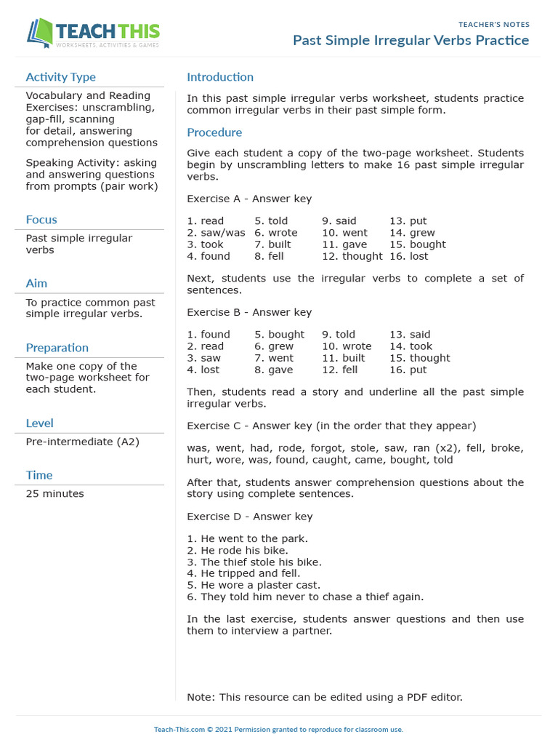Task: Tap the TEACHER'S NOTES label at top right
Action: click(x=494, y=25)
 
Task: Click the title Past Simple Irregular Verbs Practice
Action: click(x=411, y=41)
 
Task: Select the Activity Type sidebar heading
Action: click(x=60, y=77)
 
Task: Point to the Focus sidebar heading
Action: click(x=41, y=220)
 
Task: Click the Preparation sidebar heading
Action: click(x=57, y=348)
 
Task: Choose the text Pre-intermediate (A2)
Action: click(x=82, y=442)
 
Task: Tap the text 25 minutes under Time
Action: click(x=54, y=494)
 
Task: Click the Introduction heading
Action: click(x=220, y=77)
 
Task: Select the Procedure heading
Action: click(x=214, y=132)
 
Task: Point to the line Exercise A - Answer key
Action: click(x=249, y=199)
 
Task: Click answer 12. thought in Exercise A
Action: click(x=352, y=256)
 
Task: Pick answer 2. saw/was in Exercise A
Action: click(x=216, y=233)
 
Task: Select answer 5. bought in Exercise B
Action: click(x=279, y=335)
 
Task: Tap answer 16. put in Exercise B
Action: click(x=408, y=370)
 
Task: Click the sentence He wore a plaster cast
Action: click(x=253, y=585)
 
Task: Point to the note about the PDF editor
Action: click(x=324, y=697)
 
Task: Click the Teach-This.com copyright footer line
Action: click(x=278, y=730)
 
